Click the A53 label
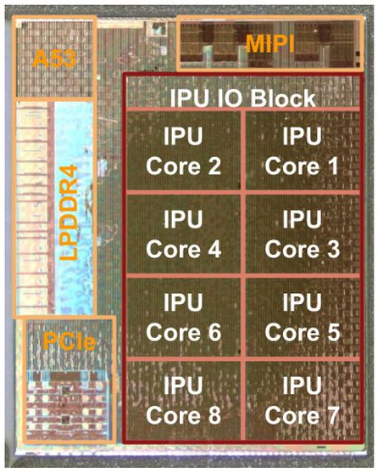[x=54, y=59]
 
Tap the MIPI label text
[x=270, y=44]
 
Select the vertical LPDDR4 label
[x=69, y=212]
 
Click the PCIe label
[x=69, y=341]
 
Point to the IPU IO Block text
[x=243, y=98]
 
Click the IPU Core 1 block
[x=303, y=150]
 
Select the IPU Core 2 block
[x=183, y=150]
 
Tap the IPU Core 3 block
[x=303, y=234]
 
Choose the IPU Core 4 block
[x=183, y=234]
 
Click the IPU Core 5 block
[x=303, y=318]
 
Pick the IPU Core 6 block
[x=183, y=318]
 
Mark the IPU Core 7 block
[x=303, y=400]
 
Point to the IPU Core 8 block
[x=183, y=400]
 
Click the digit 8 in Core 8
[x=214, y=415]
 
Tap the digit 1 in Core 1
[x=332, y=166]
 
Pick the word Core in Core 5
[x=292, y=332]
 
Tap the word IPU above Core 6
[x=183, y=302]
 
